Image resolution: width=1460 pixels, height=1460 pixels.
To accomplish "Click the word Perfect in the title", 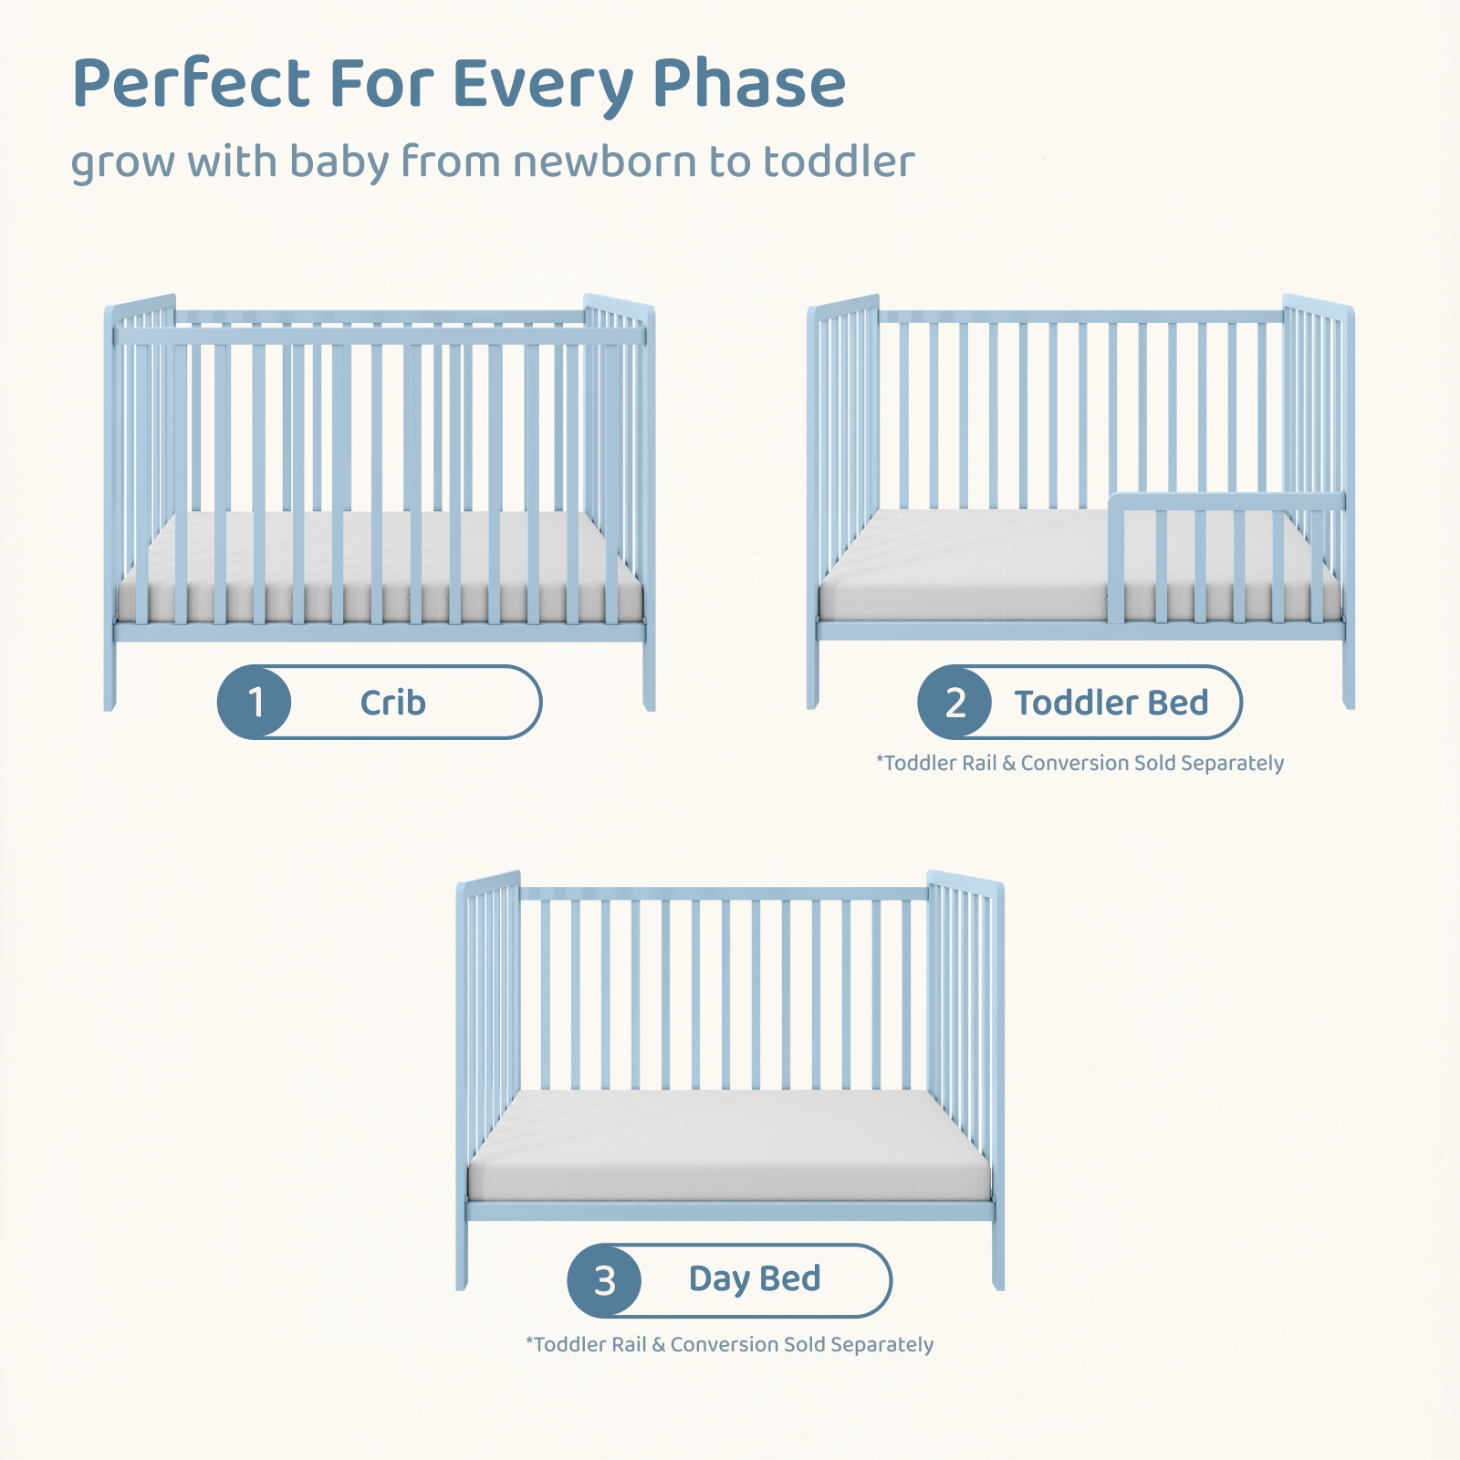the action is coord(193,83).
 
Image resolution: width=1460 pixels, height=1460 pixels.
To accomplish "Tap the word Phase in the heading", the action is coord(749,83).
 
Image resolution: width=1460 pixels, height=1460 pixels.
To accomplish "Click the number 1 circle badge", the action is coord(255,702).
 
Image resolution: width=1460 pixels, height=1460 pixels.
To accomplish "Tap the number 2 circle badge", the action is coord(954,702).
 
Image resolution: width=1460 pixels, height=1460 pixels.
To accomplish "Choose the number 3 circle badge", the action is coord(604,1280).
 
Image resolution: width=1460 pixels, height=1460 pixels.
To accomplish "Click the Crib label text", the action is coord(392,703).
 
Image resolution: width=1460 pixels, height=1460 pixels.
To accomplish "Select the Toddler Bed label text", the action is coord(1111,703).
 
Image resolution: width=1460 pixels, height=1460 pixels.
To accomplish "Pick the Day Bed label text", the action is coord(755,1279).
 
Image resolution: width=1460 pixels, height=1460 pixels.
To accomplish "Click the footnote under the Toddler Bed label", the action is coord(1079,763).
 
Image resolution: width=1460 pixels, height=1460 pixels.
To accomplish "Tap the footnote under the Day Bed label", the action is coord(729,1344).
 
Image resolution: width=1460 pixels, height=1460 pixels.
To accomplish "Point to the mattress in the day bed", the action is coord(729,1146).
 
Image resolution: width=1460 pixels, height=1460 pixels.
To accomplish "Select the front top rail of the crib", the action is coord(380,336).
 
